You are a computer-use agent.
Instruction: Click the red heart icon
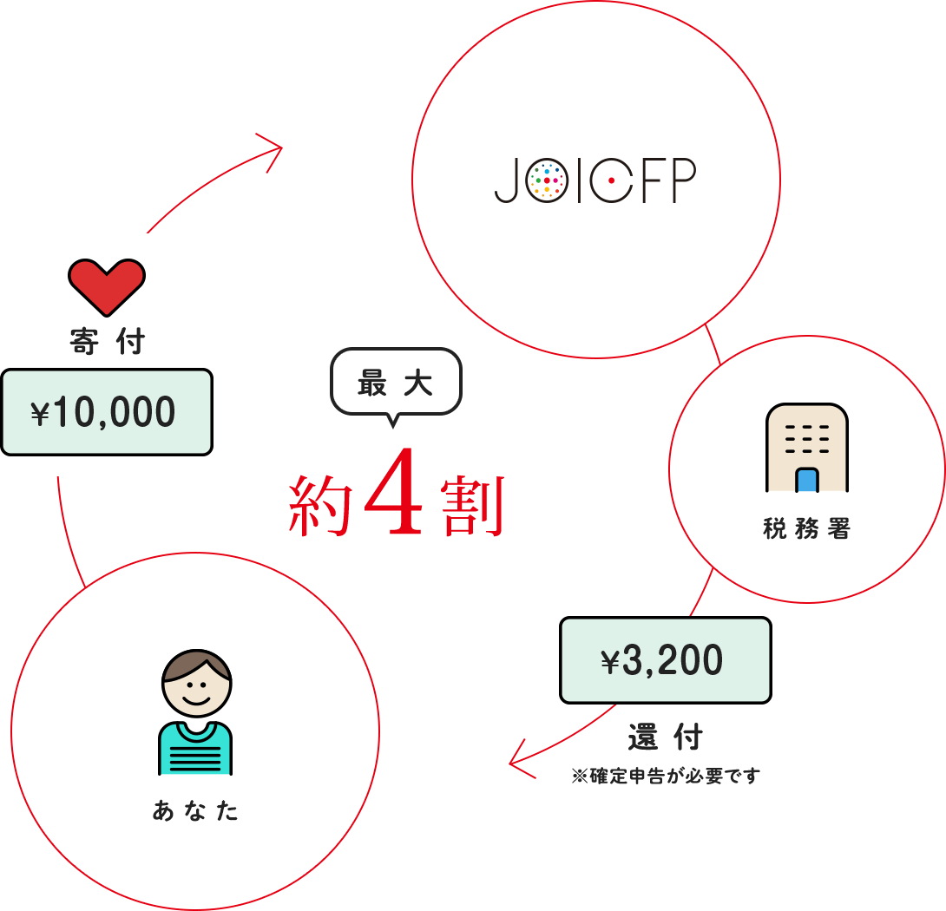(107, 287)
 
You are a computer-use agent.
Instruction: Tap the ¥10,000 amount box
(107, 412)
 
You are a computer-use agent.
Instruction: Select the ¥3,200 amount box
(665, 661)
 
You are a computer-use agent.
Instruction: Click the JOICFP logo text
(595, 180)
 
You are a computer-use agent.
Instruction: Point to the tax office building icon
(806, 448)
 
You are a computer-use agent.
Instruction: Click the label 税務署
(806, 529)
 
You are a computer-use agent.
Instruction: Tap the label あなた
(195, 811)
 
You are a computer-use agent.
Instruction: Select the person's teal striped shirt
(195, 749)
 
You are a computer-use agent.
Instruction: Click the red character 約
(319, 507)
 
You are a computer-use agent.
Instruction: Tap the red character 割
(472, 507)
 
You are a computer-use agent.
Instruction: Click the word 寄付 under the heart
(107, 342)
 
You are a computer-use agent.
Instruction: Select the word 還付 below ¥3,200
(665, 738)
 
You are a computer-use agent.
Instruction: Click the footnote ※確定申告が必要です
(665, 776)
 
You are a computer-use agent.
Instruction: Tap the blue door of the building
(806, 480)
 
